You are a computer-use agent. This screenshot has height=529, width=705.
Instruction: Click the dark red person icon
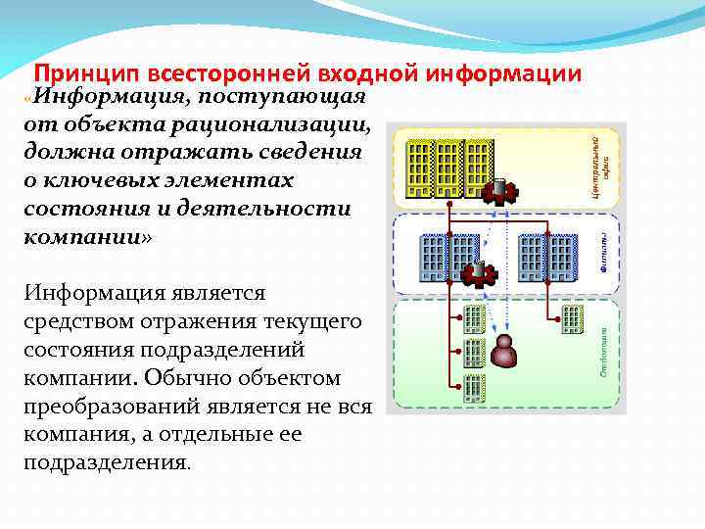pos(505,351)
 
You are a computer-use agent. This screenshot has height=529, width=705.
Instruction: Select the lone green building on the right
pos(573,316)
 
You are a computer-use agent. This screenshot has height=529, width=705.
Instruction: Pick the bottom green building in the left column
pos(475,386)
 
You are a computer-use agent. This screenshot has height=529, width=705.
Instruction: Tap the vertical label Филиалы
pos(604,251)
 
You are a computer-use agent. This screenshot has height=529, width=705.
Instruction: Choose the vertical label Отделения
pos(604,353)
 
